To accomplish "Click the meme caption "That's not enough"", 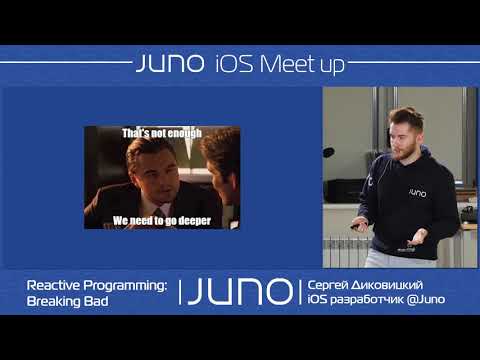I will (x=162, y=132).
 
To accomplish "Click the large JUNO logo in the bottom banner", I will (x=240, y=292).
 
